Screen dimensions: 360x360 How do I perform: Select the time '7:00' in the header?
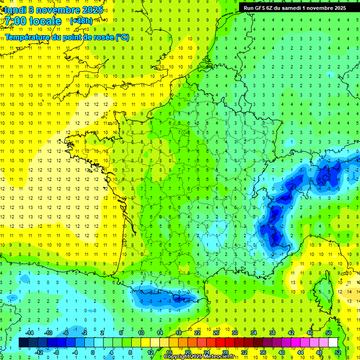(x=15, y=21)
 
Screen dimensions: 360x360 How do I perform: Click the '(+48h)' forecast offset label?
(x=81, y=21)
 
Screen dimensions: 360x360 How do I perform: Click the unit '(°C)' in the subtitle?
(x=122, y=37)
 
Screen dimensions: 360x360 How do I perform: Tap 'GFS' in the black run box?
(x=266, y=7)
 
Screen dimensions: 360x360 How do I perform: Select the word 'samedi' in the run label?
(x=297, y=7)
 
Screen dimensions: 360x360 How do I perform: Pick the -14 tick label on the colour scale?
(x=29, y=333)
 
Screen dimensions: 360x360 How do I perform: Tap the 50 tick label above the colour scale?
(x=329, y=333)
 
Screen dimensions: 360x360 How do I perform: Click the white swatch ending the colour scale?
(x=333, y=343)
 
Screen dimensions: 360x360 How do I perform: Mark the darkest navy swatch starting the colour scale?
(x=23, y=343)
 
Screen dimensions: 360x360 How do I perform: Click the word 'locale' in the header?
(x=45, y=21)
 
